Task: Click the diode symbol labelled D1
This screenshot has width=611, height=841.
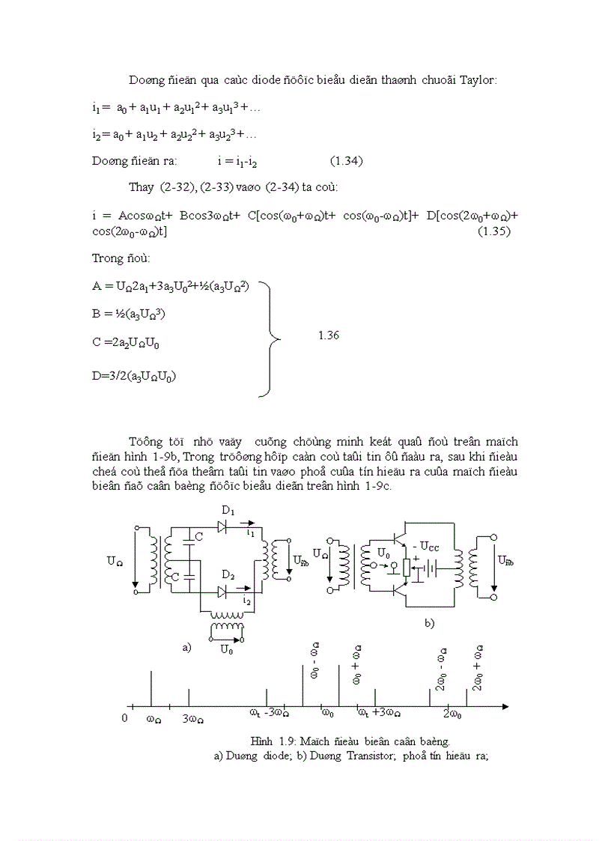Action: [222, 526]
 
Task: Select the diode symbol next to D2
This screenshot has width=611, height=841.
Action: [222, 592]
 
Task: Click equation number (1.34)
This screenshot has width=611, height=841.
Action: [347, 161]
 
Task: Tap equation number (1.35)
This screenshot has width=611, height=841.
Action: [493, 231]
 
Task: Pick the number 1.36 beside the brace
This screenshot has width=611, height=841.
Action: [329, 336]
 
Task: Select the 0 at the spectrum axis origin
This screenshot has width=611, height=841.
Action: [125, 718]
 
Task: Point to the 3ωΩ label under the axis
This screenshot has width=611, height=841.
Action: [193, 719]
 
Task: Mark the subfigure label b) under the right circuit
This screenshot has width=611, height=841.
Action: [429, 622]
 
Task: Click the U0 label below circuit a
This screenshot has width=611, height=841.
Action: [226, 650]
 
